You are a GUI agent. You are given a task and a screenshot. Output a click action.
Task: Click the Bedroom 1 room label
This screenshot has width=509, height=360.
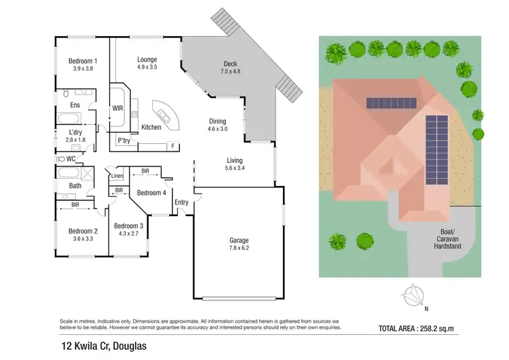tap(83, 61)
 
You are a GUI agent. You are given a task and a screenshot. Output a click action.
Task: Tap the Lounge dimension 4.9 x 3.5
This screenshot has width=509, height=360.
tap(147, 68)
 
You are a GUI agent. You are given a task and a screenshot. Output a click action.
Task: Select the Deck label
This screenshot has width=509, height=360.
tap(231, 62)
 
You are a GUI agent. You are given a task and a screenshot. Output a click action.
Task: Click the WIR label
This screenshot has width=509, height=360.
tap(117, 108)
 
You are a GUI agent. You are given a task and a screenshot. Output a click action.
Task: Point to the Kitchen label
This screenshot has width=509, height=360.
tap(151, 127)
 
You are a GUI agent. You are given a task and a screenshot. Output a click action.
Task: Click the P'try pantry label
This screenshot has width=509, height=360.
tap(124, 141)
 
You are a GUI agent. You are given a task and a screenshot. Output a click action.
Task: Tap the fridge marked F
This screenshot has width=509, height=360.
tap(173, 146)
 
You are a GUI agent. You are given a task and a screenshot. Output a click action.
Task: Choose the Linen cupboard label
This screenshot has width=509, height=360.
tap(118, 177)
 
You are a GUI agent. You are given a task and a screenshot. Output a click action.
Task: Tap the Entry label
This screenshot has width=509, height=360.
tap(181, 202)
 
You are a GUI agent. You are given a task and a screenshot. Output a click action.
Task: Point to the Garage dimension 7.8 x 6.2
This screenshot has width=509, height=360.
tap(238, 249)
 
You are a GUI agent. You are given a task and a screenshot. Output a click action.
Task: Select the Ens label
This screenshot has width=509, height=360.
tap(75, 105)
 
